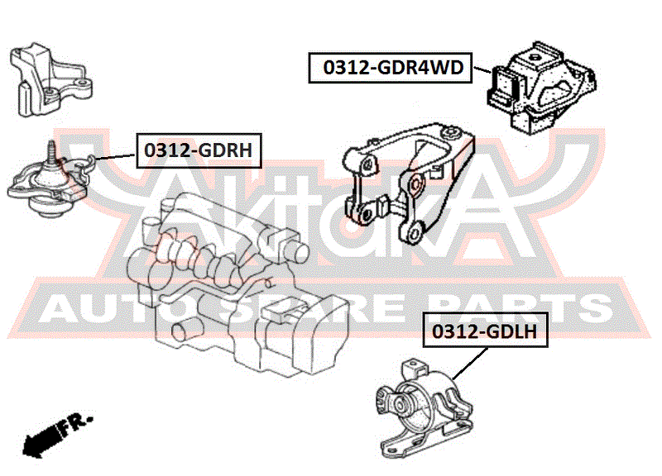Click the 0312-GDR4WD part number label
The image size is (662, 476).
point(390,68)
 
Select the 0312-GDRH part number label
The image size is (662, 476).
point(199,150)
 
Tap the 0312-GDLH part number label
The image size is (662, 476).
point(485,330)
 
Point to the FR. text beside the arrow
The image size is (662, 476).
point(76,424)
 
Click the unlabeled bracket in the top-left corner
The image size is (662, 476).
point(50,80)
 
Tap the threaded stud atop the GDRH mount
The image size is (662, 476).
point(51,150)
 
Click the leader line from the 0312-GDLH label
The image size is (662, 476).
point(469,363)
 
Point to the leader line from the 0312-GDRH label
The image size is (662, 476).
point(115,156)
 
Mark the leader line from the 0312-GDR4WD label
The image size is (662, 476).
point(482,70)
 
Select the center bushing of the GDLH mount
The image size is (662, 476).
point(399,405)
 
